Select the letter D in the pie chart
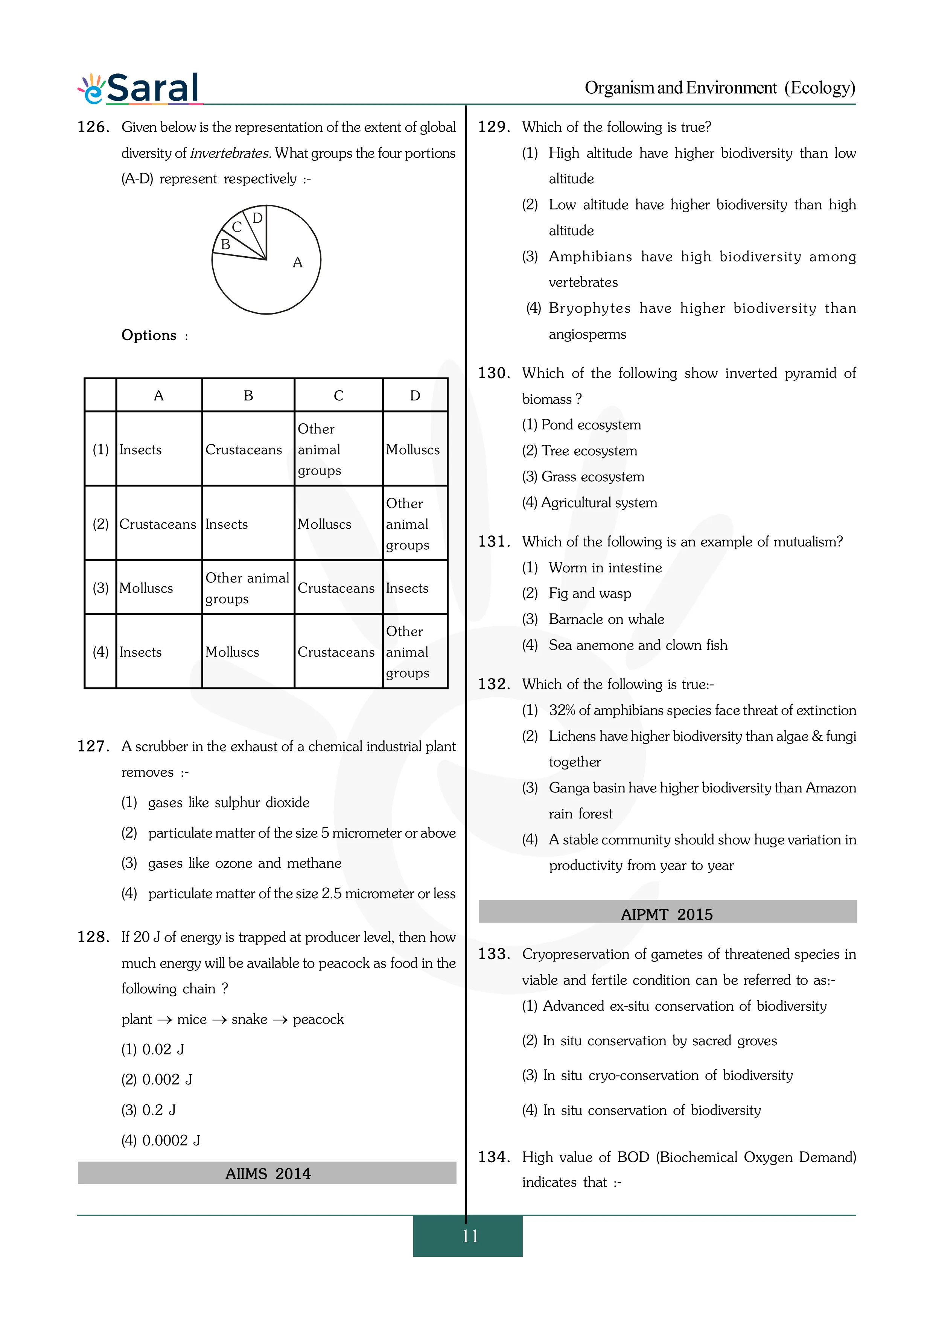pos(257,218)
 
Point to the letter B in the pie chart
pos(225,244)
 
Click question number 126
pos(93,127)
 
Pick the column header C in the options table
pos(339,395)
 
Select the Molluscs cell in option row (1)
pos(413,450)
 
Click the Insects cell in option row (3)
pos(407,588)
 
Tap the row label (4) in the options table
pos(100,652)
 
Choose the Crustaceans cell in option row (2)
pos(158,524)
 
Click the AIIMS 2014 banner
pos(267,1173)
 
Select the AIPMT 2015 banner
pos(667,914)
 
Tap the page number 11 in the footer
pos(470,1235)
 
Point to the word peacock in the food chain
pos(318,1019)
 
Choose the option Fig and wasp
pos(590,593)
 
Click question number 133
pos(494,954)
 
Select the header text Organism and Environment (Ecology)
pos(720,88)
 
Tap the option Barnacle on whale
pos(606,619)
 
